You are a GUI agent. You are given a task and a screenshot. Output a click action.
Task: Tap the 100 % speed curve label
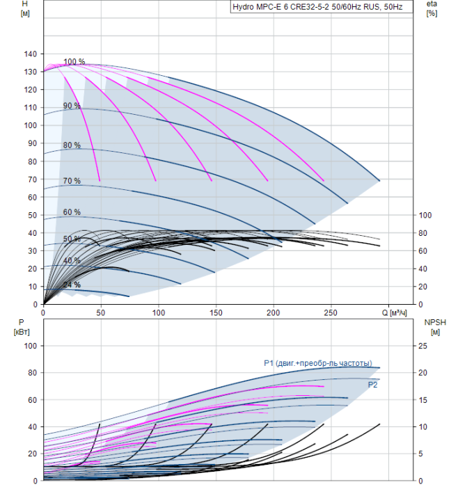click(74, 62)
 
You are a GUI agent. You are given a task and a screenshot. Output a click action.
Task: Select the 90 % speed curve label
click(72, 106)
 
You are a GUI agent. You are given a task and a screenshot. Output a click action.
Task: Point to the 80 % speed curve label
click(72, 145)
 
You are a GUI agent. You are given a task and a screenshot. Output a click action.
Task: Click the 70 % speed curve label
click(72, 181)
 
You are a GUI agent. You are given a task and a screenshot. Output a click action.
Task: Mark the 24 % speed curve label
click(72, 285)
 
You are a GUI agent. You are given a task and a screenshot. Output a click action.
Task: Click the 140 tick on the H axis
click(29, 54)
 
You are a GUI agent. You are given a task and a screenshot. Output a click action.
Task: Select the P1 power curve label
click(317, 362)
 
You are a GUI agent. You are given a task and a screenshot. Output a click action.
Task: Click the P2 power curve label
click(372, 384)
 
